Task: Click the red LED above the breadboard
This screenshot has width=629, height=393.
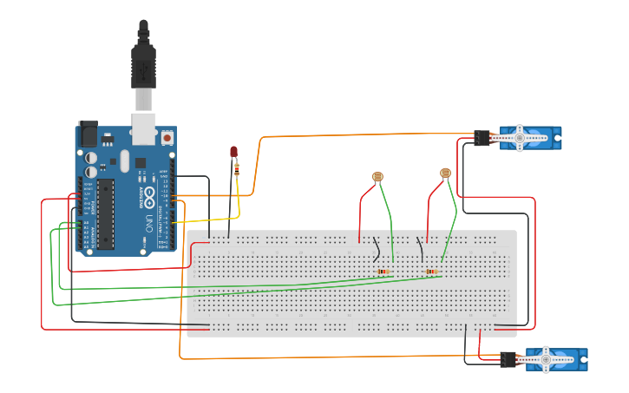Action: pyautogui.click(x=233, y=152)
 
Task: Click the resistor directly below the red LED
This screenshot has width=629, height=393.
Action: pyautogui.click(x=237, y=171)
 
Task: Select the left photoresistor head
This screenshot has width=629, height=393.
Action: pyautogui.click(x=377, y=177)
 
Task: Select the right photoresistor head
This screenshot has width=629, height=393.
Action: pyautogui.click(x=446, y=174)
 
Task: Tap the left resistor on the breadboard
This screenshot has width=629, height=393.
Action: pyautogui.click(x=383, y=272)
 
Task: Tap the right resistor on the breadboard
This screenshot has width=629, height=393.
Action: pyautogui.click(x=431, y=272)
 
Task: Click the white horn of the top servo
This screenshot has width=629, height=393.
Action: pyautogui.click(x=520, y=137)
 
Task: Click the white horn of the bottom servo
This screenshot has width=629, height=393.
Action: pyautogui.click(x=546, y=358)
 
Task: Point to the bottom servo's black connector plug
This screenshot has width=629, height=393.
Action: pyautogui.click(x=508, y=358)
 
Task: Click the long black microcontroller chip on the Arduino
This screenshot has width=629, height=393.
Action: pyautogui.click(x=106, y=213)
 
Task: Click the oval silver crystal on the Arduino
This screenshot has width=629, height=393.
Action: pyautogui.click(x=124, y=160)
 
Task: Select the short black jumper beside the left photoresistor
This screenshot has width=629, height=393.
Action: pyautogui.click(x=377, y=248)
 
